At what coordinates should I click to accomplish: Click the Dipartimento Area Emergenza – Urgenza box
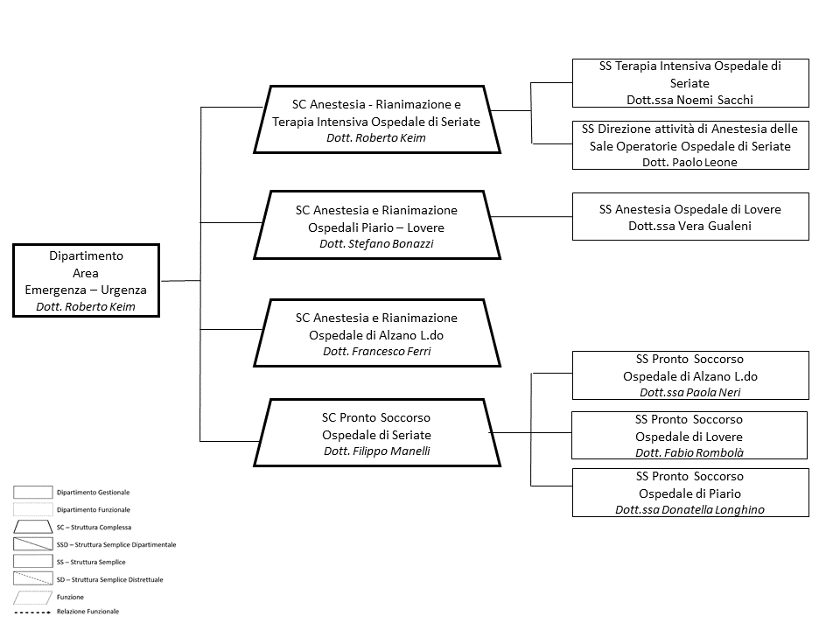tap(87, 280)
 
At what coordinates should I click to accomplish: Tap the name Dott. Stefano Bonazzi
tap(376, 244)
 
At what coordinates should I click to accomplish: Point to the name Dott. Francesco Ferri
tap(376, 351)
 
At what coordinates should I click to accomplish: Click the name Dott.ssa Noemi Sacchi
tap(689, 99)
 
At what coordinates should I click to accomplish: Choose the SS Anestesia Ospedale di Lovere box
tap(689, 217)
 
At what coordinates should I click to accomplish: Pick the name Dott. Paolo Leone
tap(689, 162)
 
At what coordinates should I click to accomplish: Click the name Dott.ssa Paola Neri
tap(689, 393)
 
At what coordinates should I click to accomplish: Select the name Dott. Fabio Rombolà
tap(689, 452)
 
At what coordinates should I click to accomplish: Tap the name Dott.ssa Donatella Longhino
tap(689, 509)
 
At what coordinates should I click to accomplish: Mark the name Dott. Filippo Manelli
tap(376, 451)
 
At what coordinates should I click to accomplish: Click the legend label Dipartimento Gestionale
tap(94, 493)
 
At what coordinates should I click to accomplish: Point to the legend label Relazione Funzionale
tap(87, 611)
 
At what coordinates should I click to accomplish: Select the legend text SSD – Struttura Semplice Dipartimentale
tap(116, 544)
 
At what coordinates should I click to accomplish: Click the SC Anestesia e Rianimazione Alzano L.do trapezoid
tap(376, 333)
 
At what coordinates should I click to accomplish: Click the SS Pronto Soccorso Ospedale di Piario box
tap(689, 492)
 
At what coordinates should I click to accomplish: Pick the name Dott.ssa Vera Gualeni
tap(689, 227)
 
